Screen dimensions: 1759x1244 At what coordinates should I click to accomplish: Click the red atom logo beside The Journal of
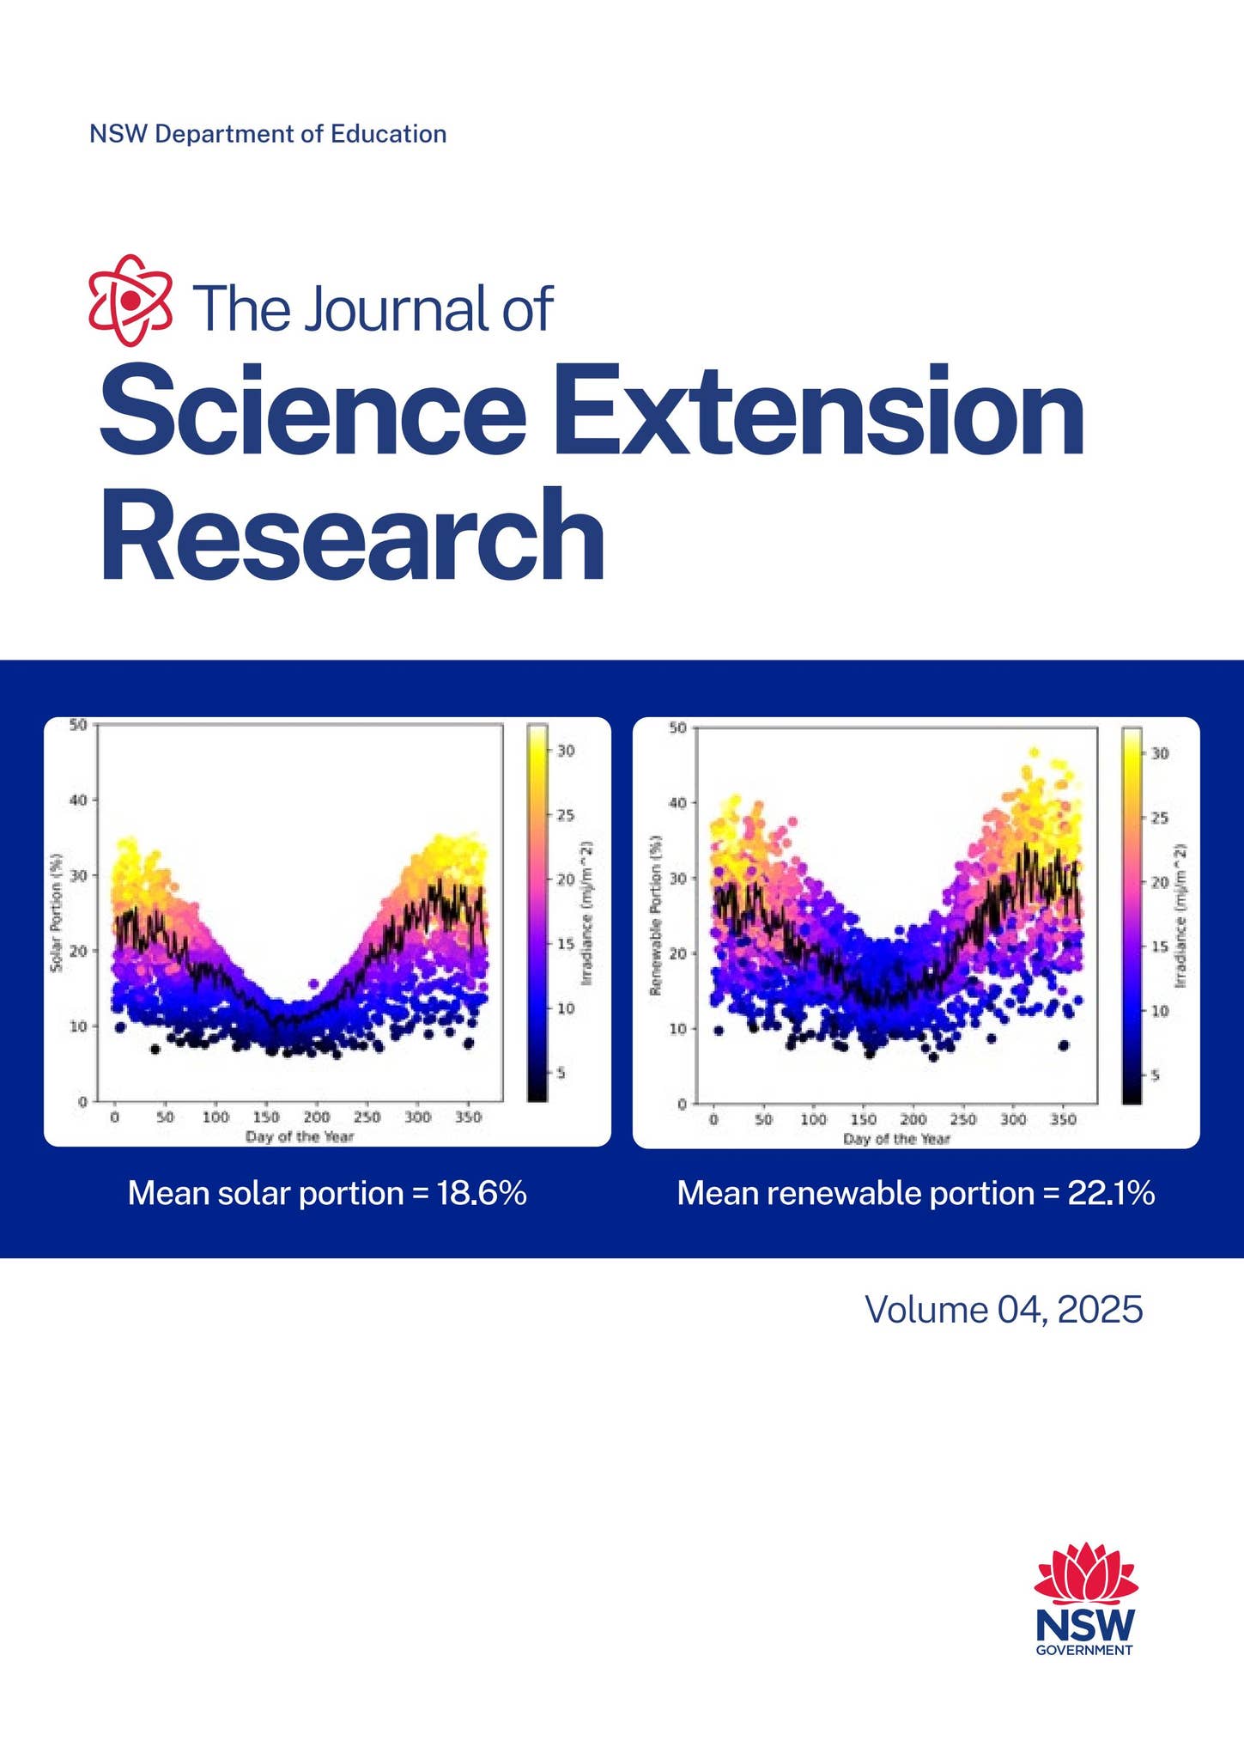(x=130, y=301)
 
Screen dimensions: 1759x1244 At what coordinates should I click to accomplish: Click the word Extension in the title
(x=818, y=410)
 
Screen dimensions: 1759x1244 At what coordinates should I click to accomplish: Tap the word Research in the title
(x=353, y=535)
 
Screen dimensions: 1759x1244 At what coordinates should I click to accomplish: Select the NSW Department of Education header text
(x=268, y=134)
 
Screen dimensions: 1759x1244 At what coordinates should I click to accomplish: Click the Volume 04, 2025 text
(x=1003, y=1310)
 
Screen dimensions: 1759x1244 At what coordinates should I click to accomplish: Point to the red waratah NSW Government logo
(x=1085, y=1598)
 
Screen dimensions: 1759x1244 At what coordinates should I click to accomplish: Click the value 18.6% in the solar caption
(x=482, y=1194)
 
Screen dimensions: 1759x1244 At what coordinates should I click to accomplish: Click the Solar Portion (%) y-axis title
(x=57, y=912)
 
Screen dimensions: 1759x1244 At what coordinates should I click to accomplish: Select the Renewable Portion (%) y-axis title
(x=655, y=916)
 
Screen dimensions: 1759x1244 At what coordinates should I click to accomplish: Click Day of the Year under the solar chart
(x=300, y=1136)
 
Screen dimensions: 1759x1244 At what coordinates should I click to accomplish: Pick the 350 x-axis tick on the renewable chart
(x=1063, y=1120)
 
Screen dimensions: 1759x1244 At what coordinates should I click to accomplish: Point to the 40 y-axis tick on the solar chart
(x=78, y=800)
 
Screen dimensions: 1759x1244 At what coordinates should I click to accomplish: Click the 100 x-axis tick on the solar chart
(x=215, y=1117)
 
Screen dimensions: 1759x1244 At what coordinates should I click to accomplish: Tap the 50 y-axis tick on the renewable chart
(x=677, y=728)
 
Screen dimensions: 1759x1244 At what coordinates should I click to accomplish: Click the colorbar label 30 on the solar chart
(x=566, y=751)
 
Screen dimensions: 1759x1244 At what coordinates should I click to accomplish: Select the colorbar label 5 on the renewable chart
(x=1155, y=1075)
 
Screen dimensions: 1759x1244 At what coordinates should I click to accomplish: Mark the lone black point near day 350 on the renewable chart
(x=1064, y=1045)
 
